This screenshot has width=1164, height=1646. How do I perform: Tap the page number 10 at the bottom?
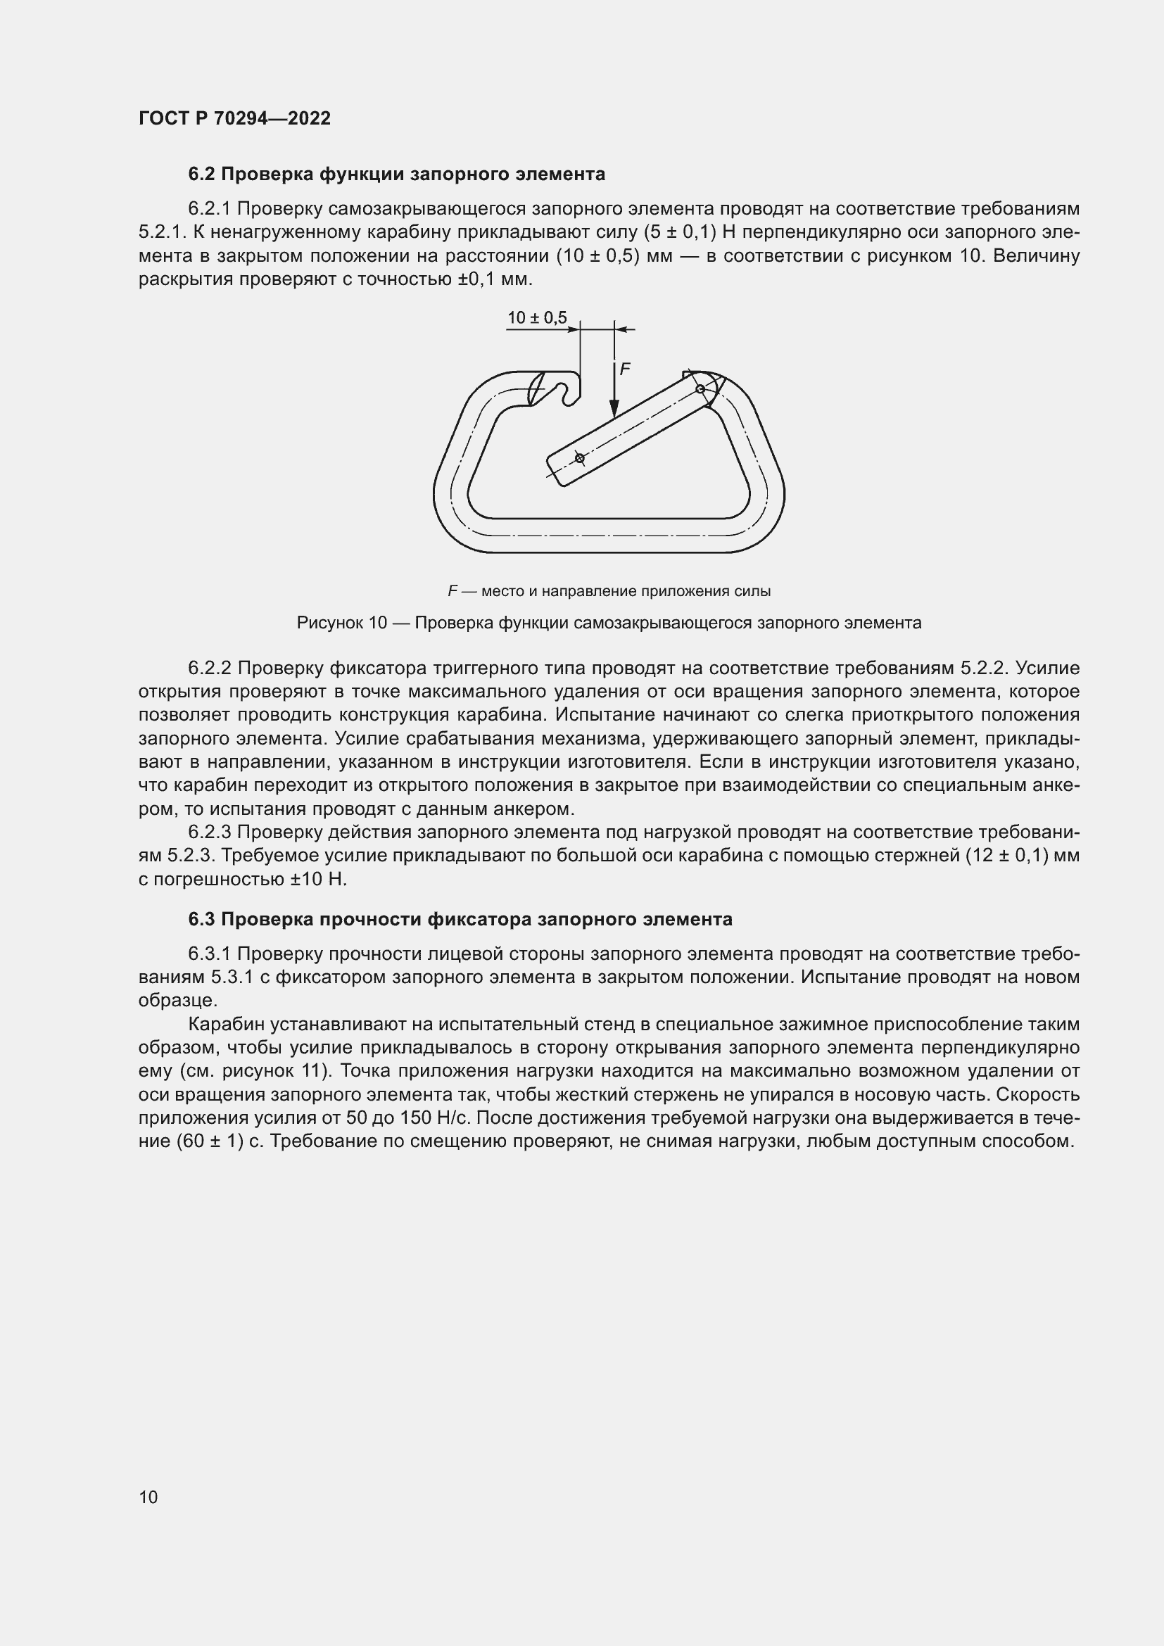148,1497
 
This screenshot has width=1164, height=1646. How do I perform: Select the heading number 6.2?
203,175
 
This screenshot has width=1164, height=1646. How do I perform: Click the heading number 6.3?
203,919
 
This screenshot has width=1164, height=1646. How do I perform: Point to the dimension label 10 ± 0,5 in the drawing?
536,317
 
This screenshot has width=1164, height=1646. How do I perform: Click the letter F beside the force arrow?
625,369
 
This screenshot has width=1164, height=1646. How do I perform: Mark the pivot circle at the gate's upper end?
700,388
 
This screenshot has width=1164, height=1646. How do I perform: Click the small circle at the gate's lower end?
579,457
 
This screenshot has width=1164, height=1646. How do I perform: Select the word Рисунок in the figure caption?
329,623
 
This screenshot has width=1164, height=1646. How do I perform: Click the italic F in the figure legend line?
453,591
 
